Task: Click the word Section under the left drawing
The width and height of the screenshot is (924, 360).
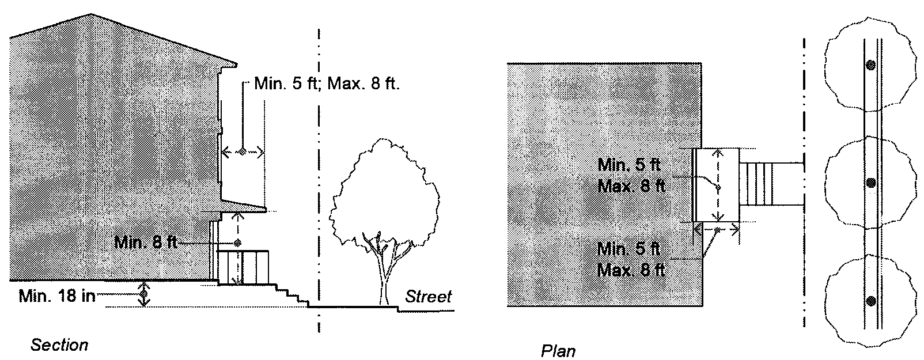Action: [59, 345]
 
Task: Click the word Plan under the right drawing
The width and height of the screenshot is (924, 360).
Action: [558, 351]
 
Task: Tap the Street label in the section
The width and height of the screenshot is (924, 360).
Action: [428, 297]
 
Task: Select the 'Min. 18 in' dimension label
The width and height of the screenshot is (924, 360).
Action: [56, 297]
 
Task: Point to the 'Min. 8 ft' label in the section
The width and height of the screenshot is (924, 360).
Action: [145, 242]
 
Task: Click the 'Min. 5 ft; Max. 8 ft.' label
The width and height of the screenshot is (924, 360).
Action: [327, 85]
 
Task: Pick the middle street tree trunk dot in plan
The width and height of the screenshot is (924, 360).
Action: [871, 183]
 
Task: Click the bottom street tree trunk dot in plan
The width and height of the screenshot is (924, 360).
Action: [871, 301]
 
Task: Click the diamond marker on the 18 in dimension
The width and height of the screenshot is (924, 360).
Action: [144, 295]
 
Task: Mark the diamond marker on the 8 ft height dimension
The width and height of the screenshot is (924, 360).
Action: [237, 241]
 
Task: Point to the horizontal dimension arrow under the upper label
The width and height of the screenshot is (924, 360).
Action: [243, 152]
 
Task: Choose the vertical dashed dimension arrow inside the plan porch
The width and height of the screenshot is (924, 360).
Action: [717, 184]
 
